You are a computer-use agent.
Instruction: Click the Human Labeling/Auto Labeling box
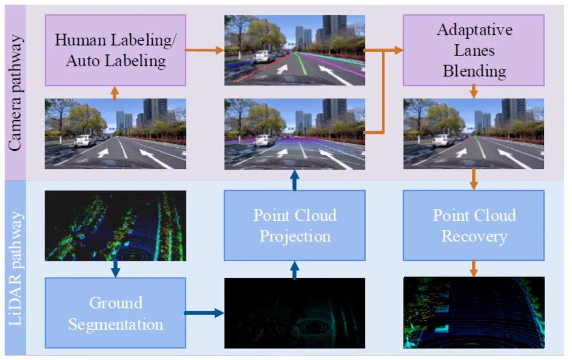[x=115, y=50]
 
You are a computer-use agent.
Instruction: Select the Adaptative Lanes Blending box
[x=473, y=50]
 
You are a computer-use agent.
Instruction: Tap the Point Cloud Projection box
[x=294, y=225]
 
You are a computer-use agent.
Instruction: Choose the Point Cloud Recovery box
[x=473, y=225]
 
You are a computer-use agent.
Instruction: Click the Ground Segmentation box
[x=115, y=313]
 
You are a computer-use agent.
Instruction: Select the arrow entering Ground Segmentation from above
[x=115, y=269]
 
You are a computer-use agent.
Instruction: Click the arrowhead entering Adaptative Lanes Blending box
[x=397, y=50]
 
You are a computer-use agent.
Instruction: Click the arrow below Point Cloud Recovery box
[x=473, y=268]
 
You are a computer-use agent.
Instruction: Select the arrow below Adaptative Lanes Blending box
[x=473, y=92]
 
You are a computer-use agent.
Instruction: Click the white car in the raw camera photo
[x=85, y=140]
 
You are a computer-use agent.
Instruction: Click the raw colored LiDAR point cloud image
[x=115, y=226]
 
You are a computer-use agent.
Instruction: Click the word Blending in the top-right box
[x=474, y=70]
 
